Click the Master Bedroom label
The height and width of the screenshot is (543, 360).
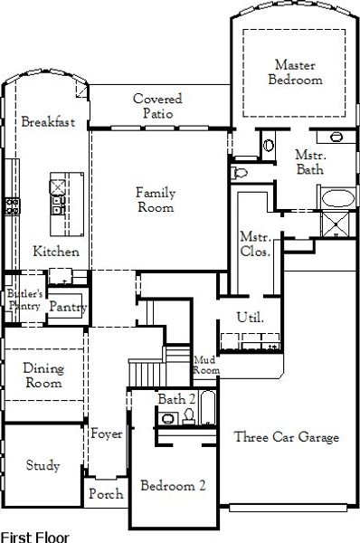click(x=295, y=72)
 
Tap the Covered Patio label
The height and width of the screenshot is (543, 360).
click(x=158, y=106)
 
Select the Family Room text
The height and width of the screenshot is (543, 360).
click(x=156, y=199)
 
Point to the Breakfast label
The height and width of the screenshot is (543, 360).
click(x=48, y=121)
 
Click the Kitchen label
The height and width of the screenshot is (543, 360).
click(x=56, y=251)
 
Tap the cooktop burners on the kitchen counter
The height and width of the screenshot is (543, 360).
click(x=12, y=206)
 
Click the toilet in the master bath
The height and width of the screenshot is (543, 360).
click(x=239, y=172)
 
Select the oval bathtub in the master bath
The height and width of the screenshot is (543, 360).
click(x=338, y=198)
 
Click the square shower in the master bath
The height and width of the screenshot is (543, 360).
click(x=336, y=224)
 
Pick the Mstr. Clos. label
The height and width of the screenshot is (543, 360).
click(x=255, y=244)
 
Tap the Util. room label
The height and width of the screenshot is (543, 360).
click(x=251, y=317)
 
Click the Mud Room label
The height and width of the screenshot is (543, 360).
click(x=206, y=365)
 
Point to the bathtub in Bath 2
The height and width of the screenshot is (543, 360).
click(x=208, y=408)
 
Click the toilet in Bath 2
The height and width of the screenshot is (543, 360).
click(x=189, y=416)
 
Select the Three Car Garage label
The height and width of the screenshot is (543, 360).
click(x=286, y=437)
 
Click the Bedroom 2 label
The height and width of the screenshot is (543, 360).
click(x=173, y=485)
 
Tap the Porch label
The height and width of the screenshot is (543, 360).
click(x=106, y=493)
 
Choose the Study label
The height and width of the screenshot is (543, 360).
click(x=43, y=465)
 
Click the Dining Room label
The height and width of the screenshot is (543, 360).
click(x=43, y=376)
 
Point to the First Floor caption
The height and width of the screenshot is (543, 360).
click(x=35, y=537)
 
